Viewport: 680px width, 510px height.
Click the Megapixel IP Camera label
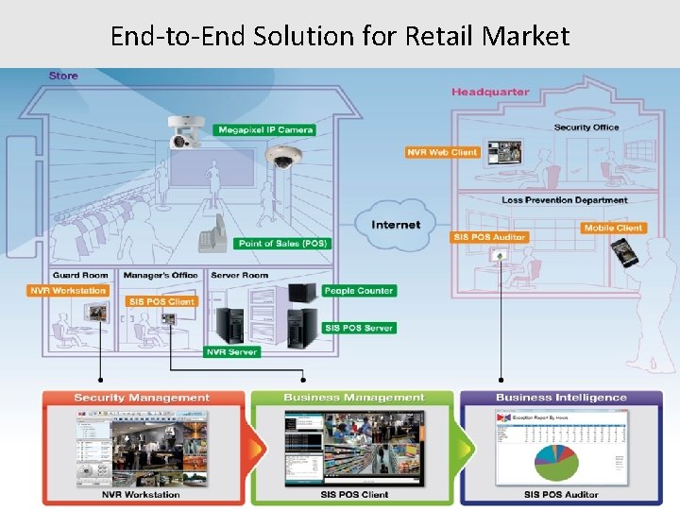264,129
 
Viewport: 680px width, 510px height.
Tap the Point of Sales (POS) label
282,244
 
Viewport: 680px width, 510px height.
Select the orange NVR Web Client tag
442,152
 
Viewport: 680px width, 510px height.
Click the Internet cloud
396,224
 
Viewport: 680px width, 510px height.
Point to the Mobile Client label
613,228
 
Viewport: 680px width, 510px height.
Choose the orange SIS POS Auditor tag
489,237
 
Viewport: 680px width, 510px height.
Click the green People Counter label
358,291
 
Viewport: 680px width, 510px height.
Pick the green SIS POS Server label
359,328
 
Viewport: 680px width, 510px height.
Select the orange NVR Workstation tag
68,291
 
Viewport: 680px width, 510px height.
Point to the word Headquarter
490,92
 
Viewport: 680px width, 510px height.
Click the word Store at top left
63,76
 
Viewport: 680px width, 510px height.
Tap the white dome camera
280,158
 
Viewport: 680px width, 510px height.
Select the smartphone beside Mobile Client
622,252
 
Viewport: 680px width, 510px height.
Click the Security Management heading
142,398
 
